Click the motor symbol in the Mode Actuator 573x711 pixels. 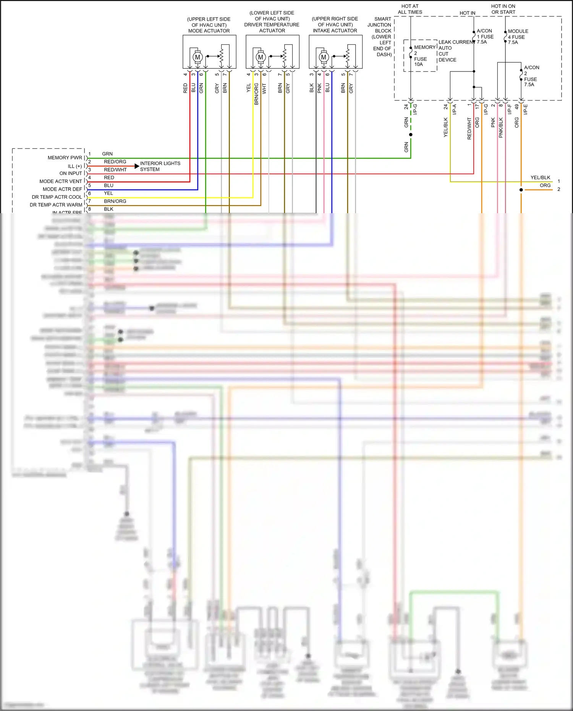197,57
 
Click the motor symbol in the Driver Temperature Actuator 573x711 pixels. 261,57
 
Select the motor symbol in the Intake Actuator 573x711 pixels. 324,57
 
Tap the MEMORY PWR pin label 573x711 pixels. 65,158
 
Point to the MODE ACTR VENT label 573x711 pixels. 61,181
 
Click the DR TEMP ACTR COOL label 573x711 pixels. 57,197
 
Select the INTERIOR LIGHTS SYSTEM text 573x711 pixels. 160,166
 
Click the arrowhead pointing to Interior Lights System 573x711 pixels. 137,166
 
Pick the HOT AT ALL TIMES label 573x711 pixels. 410,9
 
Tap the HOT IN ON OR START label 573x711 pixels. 503,9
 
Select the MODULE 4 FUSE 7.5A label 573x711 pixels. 518,37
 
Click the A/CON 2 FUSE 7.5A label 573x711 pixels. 531,76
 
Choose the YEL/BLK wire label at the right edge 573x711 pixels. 540,178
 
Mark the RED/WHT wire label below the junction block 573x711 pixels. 469,128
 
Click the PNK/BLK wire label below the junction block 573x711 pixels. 501,128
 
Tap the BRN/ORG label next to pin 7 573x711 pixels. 115,201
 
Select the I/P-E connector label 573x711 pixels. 525,109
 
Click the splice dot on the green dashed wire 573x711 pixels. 411,134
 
